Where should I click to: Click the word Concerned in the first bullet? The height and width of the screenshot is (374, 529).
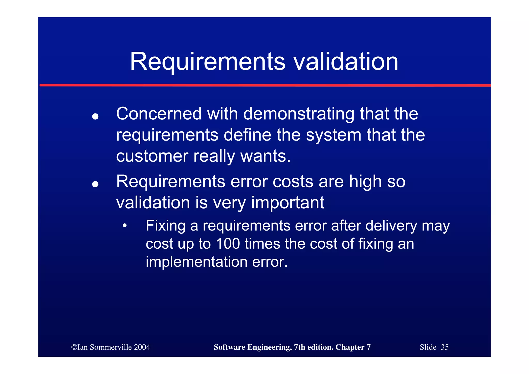(x=159, y=114)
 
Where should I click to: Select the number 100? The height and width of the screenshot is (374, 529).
(x=228, y=244)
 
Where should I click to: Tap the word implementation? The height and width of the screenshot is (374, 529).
(x=197, y=262)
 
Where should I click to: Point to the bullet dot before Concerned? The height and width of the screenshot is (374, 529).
(x=95, y=117)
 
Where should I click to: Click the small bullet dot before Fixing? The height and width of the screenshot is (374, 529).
(x=125, y=226)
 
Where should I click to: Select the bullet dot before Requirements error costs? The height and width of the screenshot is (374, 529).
(x=95, y=184)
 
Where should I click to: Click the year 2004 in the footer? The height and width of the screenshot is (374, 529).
(x=142, y=347)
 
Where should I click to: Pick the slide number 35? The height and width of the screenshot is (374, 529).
(x=445, y=347)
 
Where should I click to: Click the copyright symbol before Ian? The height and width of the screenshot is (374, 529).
(x=74, y=347)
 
